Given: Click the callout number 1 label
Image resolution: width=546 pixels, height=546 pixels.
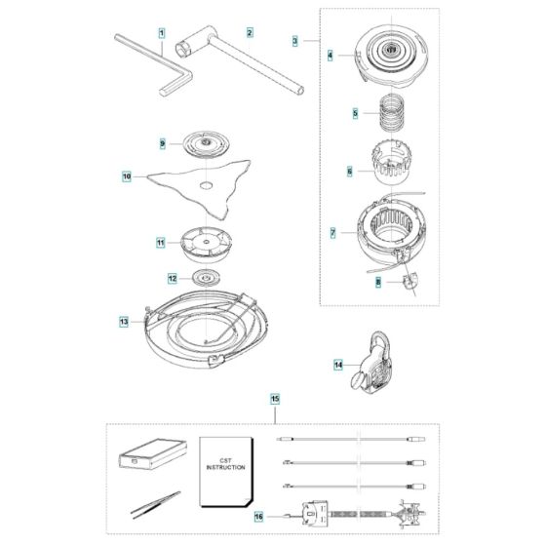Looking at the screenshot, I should coord(162,33).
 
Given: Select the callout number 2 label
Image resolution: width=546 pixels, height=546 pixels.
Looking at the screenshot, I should coord(250,33).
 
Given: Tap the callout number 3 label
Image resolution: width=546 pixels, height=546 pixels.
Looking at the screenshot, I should coord(295,41).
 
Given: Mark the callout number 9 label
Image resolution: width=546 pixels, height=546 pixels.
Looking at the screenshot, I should coord(164,143).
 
